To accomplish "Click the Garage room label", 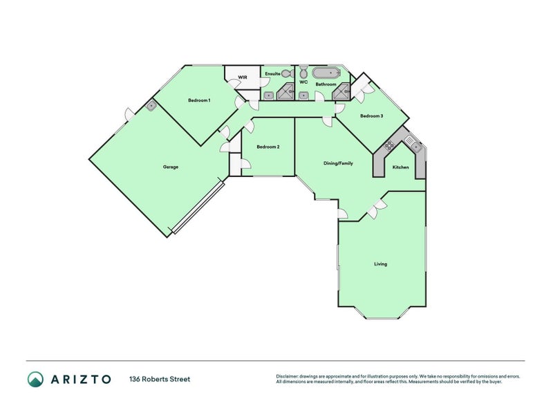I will point(171,167).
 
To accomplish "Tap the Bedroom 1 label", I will point(199,100).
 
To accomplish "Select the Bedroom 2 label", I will point(268,147).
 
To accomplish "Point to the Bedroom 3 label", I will point(371,116).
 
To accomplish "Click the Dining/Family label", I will point(338,164).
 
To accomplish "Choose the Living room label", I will point(380,264).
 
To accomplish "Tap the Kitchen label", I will point(400,167).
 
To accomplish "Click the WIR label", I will point(242,77).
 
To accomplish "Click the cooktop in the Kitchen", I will point(389,145).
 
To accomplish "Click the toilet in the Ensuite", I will point(290,73).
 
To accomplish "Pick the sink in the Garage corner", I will point(151,106).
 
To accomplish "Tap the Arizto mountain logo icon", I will point(35,378).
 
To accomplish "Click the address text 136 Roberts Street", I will point(160,379).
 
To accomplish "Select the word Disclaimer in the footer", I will point(288,376).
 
